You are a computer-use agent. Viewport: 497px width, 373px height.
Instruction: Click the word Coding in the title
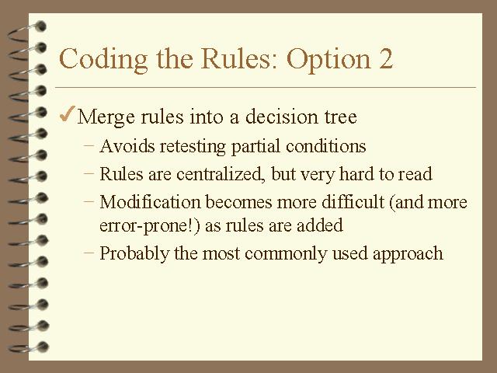point(103,60)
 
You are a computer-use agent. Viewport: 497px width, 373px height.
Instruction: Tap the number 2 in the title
point(386,59)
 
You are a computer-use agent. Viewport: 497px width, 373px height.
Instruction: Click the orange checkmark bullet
point(68,114)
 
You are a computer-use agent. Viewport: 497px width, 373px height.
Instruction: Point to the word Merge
point(106,117)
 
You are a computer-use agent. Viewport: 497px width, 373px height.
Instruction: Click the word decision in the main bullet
point(282,117)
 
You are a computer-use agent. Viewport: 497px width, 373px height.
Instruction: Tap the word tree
point(340,117)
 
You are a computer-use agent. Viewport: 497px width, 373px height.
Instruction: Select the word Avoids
point(127,146)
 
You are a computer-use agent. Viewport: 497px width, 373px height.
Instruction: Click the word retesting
point(193,147)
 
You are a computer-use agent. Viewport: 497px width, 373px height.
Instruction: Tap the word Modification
point(150,202)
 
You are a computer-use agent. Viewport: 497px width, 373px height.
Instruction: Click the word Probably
point(134,254)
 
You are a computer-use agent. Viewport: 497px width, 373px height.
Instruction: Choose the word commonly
point(286,254)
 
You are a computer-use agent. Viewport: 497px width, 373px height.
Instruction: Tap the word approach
point(408,254)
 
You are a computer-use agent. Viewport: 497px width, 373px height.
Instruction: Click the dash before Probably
point(89,253)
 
